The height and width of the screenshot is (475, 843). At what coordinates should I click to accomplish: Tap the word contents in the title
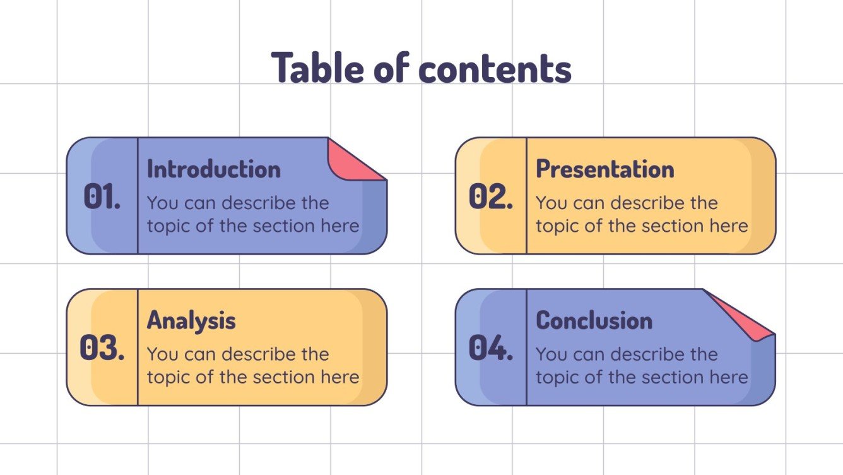(495, 69)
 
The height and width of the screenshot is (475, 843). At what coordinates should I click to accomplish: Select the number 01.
(102, 197)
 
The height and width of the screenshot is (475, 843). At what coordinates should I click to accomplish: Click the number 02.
(491, 197)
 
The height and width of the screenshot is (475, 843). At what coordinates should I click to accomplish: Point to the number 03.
(102, 348)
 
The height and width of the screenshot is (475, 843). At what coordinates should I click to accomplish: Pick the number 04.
(491, 348)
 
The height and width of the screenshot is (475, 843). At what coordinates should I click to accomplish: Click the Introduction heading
(214, 169)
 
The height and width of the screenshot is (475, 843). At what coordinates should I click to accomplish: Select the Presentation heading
(605, 169)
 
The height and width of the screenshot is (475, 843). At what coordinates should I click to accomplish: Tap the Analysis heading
(191, 321)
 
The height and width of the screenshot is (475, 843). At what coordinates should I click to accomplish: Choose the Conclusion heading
(594, 321)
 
